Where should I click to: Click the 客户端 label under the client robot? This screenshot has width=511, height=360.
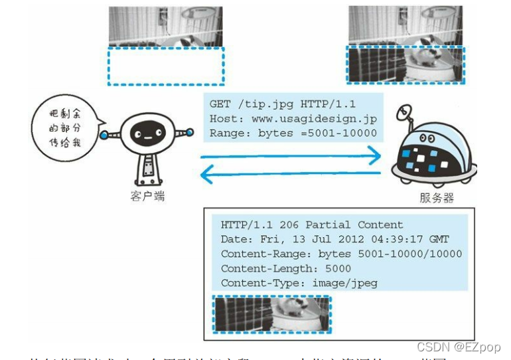[x=147, y=196]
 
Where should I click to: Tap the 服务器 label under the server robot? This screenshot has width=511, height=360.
[x=437, y=197]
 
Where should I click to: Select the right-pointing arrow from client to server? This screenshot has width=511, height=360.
[x=291, y=157]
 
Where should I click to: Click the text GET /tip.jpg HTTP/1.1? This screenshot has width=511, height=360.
[x=281, y=104]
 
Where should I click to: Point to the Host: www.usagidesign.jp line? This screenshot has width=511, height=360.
[x=293, y=119]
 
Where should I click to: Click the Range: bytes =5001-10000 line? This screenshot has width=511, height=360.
[x=293, y=133]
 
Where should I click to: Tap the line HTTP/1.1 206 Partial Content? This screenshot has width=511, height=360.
[x=312, y=225]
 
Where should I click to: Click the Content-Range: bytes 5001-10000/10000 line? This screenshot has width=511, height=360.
[x=341, y=254]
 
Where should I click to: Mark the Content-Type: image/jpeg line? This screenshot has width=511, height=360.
[x=299, y=283]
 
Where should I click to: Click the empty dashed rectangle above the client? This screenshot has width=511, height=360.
[x=166, y=66]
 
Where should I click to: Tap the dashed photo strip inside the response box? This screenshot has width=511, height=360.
[x=272, y=314]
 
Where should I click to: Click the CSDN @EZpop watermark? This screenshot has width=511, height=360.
[x=459, y=347]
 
